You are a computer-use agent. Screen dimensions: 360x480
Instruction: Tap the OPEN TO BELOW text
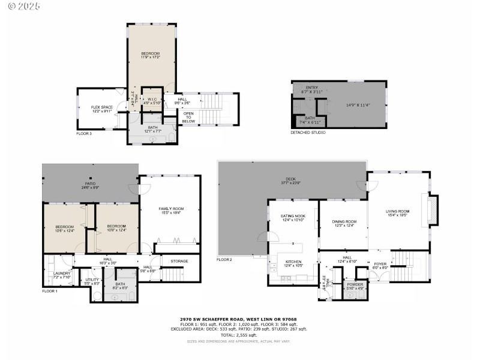point(188,117)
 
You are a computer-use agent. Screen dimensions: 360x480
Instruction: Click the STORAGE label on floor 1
point(179,261)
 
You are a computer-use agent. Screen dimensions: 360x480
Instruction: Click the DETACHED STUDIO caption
point(308,132)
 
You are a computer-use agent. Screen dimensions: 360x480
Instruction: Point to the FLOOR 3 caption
point(84,133)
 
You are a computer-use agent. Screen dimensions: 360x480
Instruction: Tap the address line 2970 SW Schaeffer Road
point(239,319)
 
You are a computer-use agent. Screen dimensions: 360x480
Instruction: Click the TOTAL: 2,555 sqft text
point(239,335)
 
